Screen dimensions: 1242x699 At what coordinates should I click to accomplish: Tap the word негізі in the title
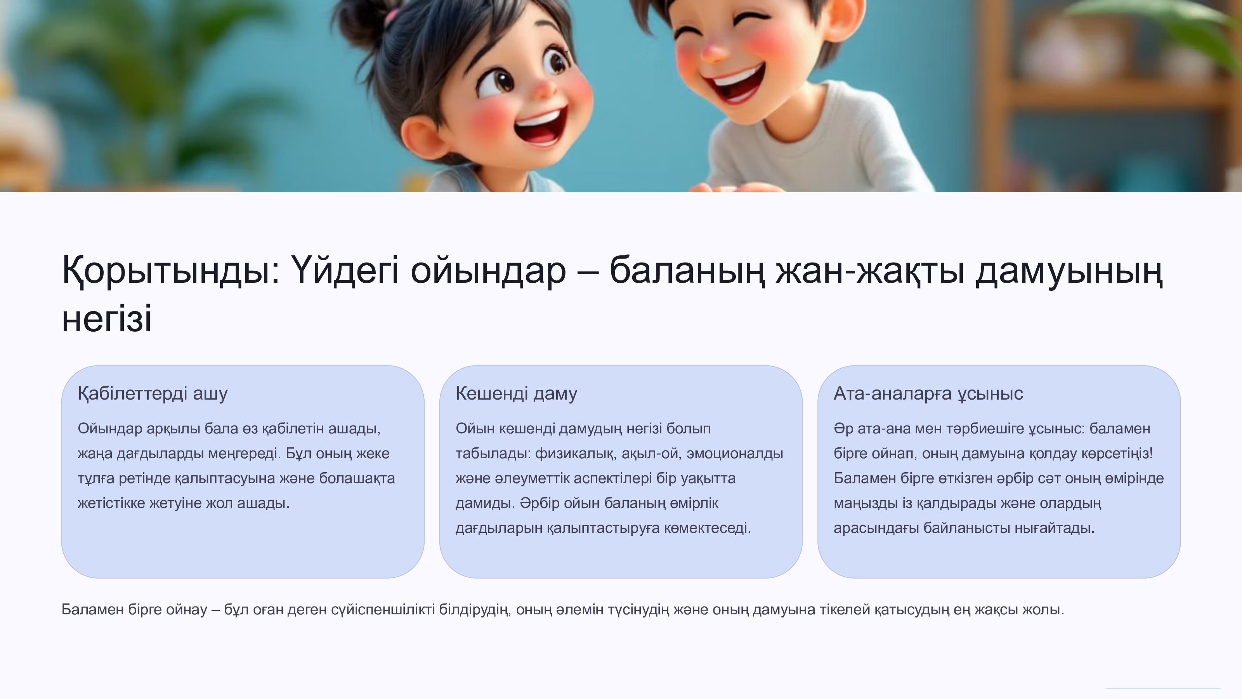coord(107,319)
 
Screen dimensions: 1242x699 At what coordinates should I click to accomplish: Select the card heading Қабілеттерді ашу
coord(153,394)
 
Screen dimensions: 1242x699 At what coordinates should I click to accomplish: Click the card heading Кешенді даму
coord(516,394)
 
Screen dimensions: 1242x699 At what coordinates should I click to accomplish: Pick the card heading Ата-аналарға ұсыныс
coord(928,394)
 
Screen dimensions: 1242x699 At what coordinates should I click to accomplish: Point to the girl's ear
coord(420,140)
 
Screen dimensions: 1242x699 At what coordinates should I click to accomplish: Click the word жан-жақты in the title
coord(870,271)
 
